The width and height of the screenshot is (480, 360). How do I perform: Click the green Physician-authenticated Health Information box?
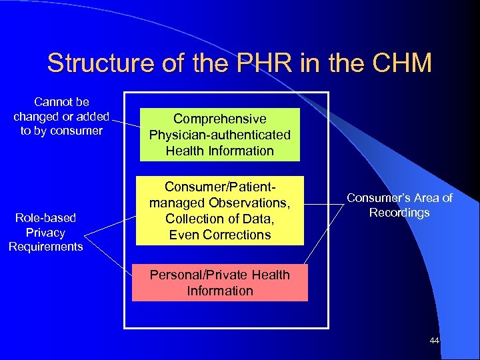pyautogui.click(x=220, y=135)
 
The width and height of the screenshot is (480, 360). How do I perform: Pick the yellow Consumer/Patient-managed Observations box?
pyautogui.click(x=220, y=211)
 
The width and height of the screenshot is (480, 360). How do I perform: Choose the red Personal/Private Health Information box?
pyautogui.click(x=220, y=283)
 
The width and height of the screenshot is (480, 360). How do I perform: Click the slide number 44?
pyautogui.click(x=435, y=341)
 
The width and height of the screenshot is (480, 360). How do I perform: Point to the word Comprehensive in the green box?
pyautogui.click(x=220, y=119)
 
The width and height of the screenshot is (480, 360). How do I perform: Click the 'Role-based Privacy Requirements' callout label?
pyautogui.click(x=45, y=232)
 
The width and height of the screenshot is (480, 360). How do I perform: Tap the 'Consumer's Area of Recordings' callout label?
pyautogui.click(x=400, y=205)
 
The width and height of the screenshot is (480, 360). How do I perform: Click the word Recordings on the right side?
pyautogui.click(x=400, y=213)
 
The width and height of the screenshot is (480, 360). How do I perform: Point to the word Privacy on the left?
pyautogui.click(x=45, y=233)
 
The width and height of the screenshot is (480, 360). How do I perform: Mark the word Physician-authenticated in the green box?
pyautogui.click(x=220, y=135)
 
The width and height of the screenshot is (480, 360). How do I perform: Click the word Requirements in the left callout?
pyautogui.click(x=45, y=247)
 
